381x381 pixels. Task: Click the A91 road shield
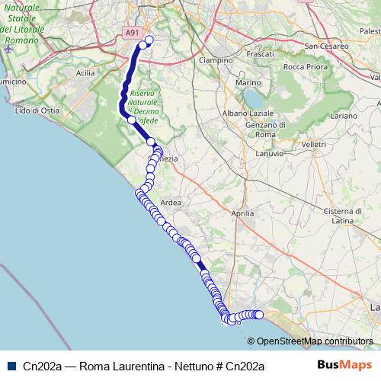click(x=132, y=33)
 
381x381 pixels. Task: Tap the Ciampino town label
click(x=214, y=59)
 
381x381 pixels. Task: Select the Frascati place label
click(x=260, y=55)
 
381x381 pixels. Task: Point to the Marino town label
click(x=248, y=82)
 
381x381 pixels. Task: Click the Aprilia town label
click(x=242, y=214)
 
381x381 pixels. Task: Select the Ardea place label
click(x=171, y=203)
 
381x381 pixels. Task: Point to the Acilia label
click(x=85, y=73)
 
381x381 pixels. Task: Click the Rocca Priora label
click(x=304, y=67)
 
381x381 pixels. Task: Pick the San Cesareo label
click(x=327, y=46)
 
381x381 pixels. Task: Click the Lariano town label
click(x=344, y=116)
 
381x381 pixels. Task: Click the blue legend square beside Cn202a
click(x=12, y=366)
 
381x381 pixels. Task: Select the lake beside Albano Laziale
click(x=251, y=98)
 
